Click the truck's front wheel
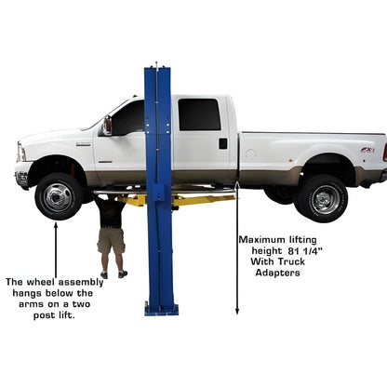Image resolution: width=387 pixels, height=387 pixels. click(x=59, y=195)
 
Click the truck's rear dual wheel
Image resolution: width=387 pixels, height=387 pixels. click(x=323, y=197)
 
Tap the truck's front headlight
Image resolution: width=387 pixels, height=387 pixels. click(x=20, y=152)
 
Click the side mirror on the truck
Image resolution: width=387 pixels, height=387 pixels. click(x=108, y=126)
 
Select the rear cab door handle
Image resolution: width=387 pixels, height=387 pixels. click(x=223, y=143)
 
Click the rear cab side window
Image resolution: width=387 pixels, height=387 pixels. click(x=199, y=114)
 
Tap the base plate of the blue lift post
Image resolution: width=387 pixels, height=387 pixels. click(x=161, y=309)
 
